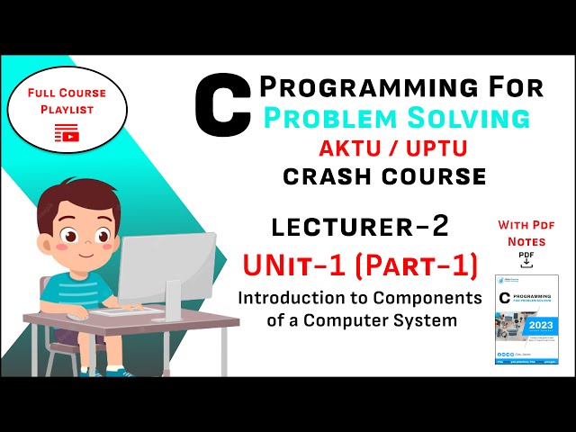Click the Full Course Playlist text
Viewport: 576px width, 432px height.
pyautogui.click(x=67, y=100)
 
